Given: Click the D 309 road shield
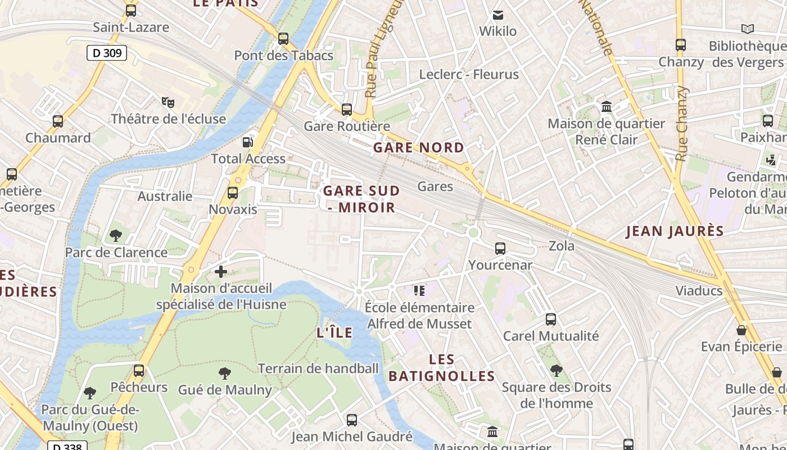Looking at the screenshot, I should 106,53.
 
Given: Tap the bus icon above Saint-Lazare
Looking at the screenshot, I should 131,10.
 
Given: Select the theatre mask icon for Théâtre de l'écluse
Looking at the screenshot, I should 168,102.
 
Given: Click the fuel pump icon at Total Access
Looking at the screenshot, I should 247,142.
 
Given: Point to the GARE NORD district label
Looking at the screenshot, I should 419,147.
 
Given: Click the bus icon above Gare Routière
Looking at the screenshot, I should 347,109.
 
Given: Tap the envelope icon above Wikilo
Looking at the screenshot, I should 497,15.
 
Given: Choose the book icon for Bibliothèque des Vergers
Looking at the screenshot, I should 747,29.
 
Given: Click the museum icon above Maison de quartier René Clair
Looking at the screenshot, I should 607,106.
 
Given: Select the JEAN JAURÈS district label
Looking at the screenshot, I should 675,231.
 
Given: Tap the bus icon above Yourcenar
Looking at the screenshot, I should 500,248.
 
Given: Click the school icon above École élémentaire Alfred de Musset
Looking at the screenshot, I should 419,290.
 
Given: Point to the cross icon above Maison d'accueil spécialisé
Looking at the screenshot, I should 221,272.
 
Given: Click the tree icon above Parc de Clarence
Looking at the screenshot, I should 116,235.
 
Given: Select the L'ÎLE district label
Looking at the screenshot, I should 334,332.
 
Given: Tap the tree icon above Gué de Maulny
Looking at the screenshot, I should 224,373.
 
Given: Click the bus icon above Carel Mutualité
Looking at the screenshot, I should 551,319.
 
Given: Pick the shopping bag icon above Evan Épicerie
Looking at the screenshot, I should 741,330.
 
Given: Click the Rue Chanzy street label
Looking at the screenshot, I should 682,124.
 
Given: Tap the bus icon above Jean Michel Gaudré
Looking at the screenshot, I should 352,420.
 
